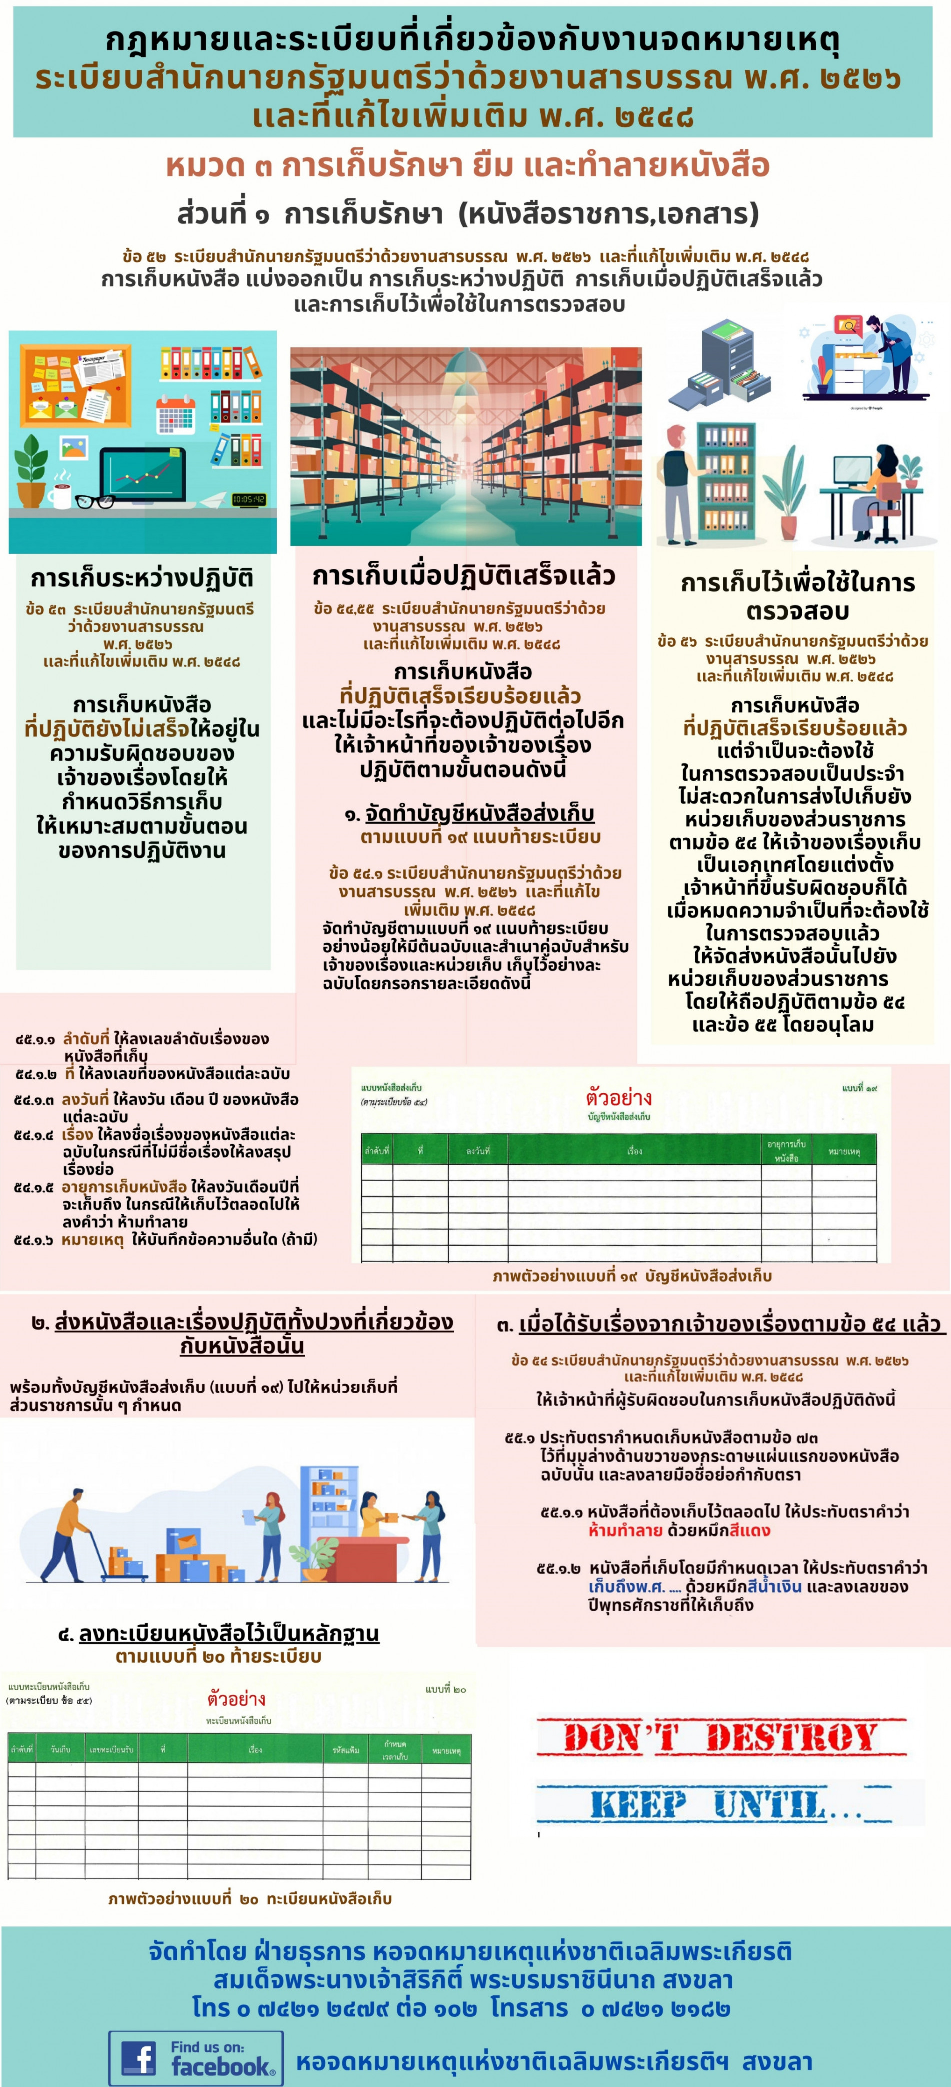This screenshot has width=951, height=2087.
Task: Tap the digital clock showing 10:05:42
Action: click(x=249, y=499)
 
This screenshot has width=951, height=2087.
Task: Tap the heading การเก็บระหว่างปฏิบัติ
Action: click(x=142, y=578)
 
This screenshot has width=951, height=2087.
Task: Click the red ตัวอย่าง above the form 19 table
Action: click(x=619, y=1098)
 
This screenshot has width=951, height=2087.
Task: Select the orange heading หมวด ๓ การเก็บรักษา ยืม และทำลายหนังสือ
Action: click(x=467, y=165)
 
